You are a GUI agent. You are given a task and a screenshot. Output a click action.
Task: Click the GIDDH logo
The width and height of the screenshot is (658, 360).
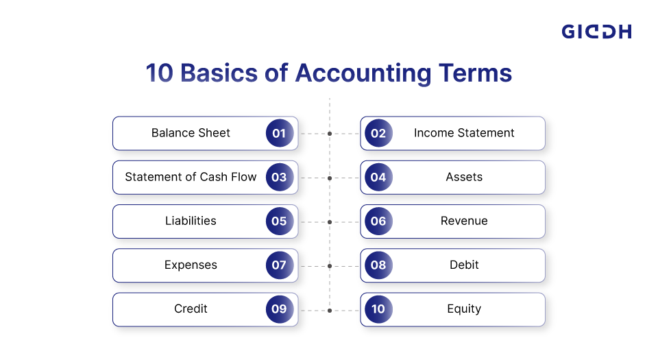coord(596,32)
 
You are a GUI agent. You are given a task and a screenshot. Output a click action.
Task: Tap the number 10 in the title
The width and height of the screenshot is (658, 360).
coord(160,73)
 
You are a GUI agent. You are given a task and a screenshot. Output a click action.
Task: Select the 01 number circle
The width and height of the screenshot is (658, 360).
coord(279,133)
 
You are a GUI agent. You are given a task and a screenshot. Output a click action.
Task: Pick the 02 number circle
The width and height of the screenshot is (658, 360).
coord(378,133)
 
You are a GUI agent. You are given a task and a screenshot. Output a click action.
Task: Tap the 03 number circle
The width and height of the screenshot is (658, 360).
coord(279,177)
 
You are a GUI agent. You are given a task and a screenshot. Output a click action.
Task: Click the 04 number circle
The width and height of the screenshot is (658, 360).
coord(378,177)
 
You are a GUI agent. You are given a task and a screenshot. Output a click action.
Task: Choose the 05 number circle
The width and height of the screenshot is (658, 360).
coord(279,221)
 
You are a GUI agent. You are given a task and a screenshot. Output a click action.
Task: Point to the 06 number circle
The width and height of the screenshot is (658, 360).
coord(378,221)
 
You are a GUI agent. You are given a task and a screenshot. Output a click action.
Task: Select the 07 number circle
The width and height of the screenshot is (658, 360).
coord(279,265)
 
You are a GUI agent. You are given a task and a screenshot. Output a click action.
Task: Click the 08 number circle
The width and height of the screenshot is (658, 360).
coord(378,265)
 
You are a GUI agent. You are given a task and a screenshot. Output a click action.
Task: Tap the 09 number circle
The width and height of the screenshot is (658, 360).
coord(279,309)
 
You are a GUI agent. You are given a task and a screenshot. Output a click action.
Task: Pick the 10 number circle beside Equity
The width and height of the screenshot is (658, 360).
coord(378,309)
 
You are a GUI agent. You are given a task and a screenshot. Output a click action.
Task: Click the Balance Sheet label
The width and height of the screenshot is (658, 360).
coord(191,133)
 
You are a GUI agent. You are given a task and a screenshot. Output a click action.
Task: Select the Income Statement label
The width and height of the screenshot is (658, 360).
coord(464,133)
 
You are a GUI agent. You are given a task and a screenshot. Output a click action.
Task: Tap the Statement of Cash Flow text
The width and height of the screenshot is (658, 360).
coord(191,177)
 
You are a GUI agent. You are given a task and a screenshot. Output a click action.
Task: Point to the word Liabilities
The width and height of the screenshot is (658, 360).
coord(191,221)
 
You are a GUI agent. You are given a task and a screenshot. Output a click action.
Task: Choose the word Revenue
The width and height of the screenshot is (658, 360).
coord(464,221)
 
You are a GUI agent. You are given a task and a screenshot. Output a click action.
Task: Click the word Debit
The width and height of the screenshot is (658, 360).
coord(464,265)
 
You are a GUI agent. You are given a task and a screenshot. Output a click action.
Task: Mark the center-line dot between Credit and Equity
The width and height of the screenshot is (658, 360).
coord(330,310)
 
